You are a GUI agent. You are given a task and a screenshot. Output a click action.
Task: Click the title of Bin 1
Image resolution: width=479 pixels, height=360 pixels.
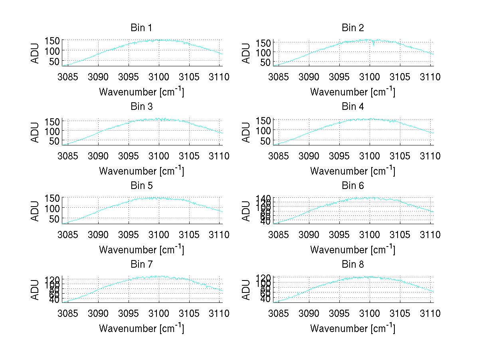point(141,28)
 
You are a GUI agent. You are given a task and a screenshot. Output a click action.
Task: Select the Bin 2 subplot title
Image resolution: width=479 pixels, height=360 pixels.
point(352,28)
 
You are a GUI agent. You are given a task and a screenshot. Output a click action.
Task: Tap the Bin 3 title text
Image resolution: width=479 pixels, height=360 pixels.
point(141,107)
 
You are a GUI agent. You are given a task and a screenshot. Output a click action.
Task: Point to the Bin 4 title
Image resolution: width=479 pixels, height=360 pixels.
point(352,107)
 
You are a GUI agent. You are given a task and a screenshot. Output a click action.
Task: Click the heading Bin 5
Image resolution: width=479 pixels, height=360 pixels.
point(141,186)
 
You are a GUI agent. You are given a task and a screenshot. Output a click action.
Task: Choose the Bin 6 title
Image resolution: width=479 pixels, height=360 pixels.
point(352,186)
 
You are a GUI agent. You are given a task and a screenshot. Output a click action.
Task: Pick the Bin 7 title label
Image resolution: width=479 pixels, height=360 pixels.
point(141,265)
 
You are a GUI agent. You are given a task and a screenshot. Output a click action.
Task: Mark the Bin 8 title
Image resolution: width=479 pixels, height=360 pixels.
point(352,265)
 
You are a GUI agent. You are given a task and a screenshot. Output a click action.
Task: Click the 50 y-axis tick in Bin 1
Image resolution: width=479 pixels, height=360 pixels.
point(55,61)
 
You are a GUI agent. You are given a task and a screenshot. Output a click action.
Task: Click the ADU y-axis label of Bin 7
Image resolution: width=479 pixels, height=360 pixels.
point(36,289)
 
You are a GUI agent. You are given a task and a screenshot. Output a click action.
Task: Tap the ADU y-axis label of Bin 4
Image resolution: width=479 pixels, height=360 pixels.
point(247,132)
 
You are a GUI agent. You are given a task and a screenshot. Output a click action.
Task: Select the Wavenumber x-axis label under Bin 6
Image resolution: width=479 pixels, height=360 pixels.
point(352,250)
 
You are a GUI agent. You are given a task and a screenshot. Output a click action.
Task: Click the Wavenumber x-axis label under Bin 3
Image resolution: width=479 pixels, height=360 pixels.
point(141,171)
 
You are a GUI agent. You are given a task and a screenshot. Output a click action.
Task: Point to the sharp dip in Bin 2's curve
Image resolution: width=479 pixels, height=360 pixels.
point(374,44)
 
